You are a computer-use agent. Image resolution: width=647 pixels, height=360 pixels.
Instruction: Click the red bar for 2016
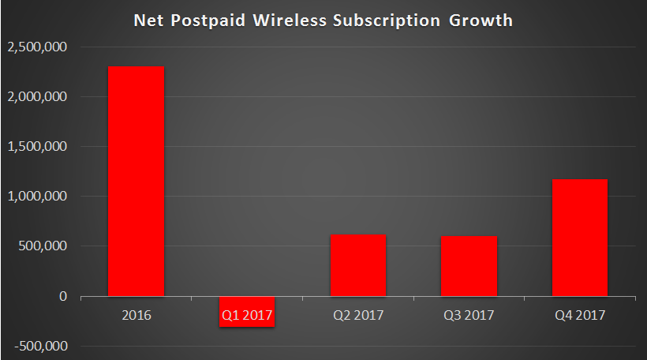(137, 181)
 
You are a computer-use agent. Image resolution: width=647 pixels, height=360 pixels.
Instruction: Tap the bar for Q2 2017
(358, 265)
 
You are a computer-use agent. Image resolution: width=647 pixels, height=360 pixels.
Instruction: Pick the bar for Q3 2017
(469, 266)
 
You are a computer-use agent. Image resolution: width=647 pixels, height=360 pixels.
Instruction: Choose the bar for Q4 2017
(579, 238)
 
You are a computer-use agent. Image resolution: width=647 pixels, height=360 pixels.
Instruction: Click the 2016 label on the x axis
(137, 316)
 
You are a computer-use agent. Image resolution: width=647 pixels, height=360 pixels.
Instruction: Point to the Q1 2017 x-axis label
(247, 316)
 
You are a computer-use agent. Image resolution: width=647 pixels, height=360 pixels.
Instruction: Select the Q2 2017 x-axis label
(358, 316)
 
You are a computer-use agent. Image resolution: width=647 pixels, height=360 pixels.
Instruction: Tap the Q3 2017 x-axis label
(469, 316)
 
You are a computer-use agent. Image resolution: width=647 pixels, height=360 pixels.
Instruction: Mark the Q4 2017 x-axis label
(579, 316)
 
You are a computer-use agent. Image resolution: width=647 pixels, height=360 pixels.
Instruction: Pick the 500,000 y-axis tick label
(43, 246)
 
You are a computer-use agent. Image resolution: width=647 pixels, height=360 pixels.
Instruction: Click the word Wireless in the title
(281, 21)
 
